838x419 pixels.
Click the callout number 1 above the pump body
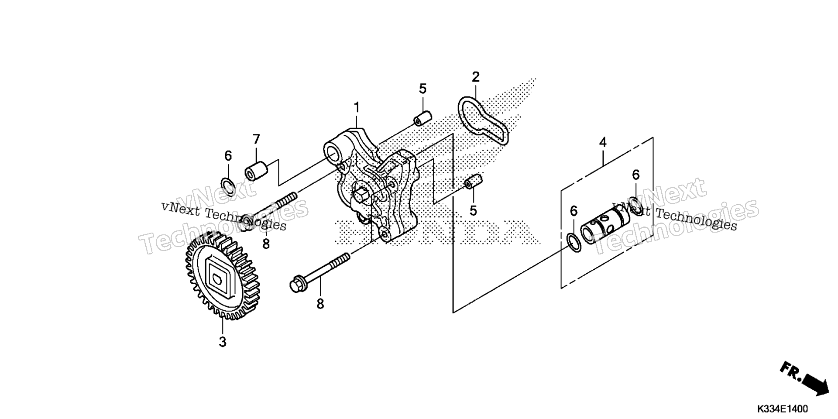(357, 107)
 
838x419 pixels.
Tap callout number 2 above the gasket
(476, 77)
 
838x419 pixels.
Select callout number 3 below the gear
(223, 342)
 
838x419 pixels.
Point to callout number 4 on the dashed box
(603, 142)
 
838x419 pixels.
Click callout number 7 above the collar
(256, 139)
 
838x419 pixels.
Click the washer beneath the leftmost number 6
(228, 186)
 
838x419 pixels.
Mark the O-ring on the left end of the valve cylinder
(573, 243)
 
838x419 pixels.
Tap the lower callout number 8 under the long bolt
(320, 304)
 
